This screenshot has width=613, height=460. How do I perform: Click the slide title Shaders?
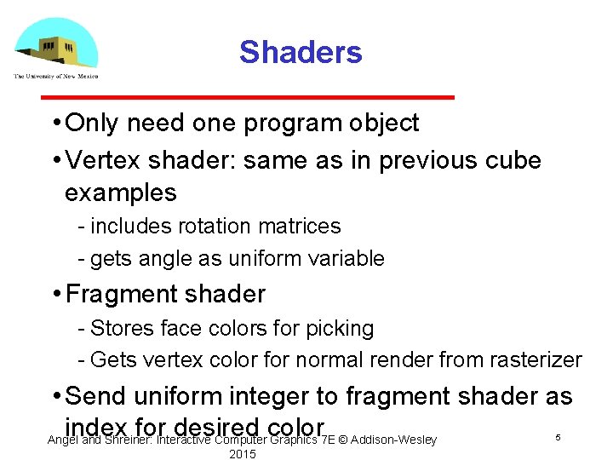pyautogui.click(x=301, y=52)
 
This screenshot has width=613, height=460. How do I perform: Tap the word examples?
pyautogui.click(x=121, y=193)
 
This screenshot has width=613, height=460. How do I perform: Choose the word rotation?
pyautogui.click(x=208, y=227)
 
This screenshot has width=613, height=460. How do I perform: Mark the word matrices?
pyautogui.click(x=297, y=227)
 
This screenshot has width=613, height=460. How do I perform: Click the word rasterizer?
pyautogui.click(x=534, y=360)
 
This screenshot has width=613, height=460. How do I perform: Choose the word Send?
pyautogui.click(x=98, y=396)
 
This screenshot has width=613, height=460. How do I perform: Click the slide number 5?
pyautogui.click(x=558, y=437)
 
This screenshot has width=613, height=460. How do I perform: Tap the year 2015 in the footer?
pyautogui.click(x=243, y=454)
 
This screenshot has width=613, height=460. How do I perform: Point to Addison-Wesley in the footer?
pyautogui.click(x=394, y=440)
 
